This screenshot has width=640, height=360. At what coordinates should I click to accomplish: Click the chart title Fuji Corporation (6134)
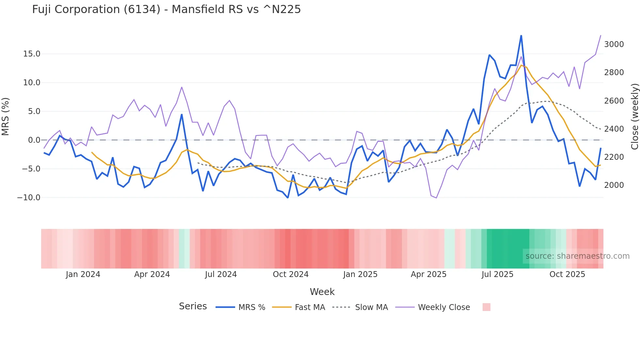(x=166, y=9)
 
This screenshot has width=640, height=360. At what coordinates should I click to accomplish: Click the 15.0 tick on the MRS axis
(x=32, y=54)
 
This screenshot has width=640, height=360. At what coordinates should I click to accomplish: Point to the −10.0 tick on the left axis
(x=29, y=198)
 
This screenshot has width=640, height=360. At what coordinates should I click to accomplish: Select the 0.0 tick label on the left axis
(x=34, y=140)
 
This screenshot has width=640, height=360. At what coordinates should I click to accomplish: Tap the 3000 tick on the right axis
(x=614, y=44)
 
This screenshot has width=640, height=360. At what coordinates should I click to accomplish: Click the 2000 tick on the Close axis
(x=614, y=185)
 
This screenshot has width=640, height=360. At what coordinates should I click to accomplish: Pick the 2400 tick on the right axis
(x=614, y=129)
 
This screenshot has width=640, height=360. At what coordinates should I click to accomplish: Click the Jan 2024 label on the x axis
(x=83, y=274)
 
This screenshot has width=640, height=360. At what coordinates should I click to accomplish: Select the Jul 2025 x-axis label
(x=497, y=274)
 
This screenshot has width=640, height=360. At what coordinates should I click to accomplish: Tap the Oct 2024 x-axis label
(x=291, y=274)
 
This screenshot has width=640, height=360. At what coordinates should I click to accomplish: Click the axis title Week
(x=322, y=292)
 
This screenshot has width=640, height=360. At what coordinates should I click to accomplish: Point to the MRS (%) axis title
(x=6, y=116)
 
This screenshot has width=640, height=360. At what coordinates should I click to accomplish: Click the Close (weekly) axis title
(x=634, y=117)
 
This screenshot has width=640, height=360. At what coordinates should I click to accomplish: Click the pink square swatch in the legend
(x=486, y=307)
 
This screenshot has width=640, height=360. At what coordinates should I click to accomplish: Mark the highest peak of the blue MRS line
(x=521, y=36)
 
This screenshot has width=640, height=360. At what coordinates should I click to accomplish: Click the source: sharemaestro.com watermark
(x=577, y=256)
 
